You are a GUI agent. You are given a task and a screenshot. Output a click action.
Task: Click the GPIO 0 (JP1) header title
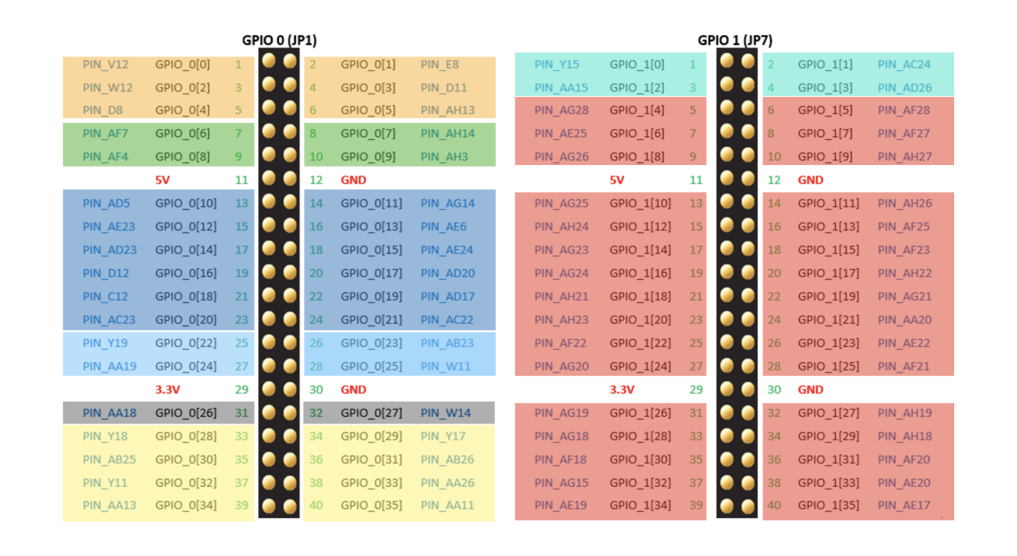(279, 40)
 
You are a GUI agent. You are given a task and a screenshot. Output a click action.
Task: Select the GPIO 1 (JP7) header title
(734, 40)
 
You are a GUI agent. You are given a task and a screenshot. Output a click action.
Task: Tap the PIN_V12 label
(106, 65)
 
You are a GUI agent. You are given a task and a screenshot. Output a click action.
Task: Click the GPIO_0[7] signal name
(368, 134)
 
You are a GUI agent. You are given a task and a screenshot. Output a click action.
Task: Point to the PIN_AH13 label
(448, 110)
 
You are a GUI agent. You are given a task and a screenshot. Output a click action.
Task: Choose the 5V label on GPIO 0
(162, 179)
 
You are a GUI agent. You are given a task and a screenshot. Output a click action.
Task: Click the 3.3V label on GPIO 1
(621, 389)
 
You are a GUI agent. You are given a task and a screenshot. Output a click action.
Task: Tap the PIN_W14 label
(445, 413)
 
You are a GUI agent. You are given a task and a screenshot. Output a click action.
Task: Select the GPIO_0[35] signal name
(368, 505)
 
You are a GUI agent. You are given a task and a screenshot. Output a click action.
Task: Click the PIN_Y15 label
(556, 65)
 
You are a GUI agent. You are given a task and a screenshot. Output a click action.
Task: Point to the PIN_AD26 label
(904, 88)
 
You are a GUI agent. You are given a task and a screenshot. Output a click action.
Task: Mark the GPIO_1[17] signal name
(824, 274)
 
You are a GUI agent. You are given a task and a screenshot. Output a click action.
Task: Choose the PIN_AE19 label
(561, 505)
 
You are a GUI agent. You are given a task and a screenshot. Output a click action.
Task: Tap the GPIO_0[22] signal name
(186, 343)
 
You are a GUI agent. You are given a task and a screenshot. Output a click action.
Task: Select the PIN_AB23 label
(447, 343)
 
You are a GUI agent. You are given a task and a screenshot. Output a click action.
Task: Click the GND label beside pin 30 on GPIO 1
(810, 389)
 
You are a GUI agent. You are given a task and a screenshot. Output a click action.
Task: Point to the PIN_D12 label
(106, 274)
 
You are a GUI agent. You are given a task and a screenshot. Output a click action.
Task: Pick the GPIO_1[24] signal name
(639, 366)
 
